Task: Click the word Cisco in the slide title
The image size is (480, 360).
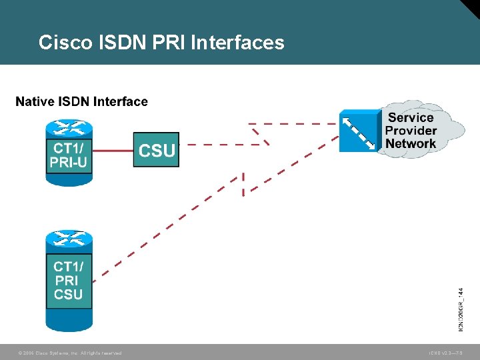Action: click(x=65, y=43)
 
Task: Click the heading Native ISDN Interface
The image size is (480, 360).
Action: click(x=81, y=101)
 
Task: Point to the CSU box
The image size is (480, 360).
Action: click(x=156, y=150)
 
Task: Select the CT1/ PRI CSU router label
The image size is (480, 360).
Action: click(x=69, y=280)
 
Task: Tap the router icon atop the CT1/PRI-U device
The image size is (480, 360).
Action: click(x=69, y=127)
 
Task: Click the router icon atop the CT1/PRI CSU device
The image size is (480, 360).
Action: click(x=69, y=239)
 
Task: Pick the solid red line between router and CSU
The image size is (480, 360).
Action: click(x=113, y=150)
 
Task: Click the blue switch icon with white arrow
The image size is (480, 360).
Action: click(x=359, y=131)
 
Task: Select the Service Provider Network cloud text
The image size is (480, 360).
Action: click(x=411, y=131)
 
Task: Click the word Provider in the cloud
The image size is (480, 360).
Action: click(x=411, y=131)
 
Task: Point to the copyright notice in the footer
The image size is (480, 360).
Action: click(x=70, y=353)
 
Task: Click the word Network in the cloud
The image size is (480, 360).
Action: click(x=411, y=143)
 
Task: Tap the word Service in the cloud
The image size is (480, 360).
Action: click(x=411, y=118)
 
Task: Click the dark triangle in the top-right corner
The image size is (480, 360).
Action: click(x=471, y=7)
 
